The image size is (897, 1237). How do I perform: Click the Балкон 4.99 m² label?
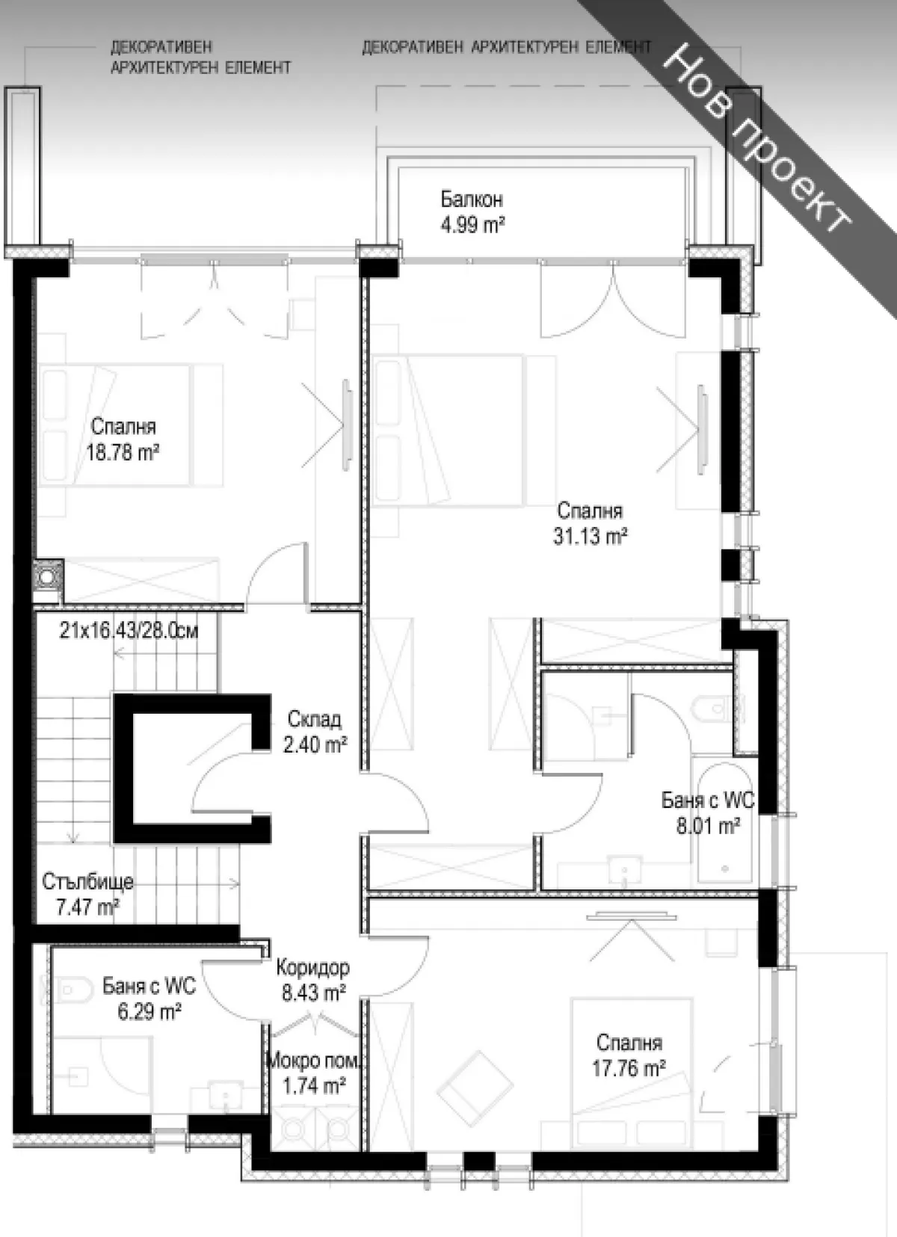[472, 212]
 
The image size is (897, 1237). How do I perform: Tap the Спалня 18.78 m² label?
[123, 439]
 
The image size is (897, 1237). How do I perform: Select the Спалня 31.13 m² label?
[590, 523]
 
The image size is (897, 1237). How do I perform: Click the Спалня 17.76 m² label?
[629, 1055]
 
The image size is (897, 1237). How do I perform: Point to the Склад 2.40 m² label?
[315, 732]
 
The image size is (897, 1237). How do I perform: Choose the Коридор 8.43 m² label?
[312, 980]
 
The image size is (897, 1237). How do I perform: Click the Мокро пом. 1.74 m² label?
[313, 1073]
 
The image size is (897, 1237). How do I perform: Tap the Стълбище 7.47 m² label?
[87, 894]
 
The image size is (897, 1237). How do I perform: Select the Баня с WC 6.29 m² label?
[149, 999]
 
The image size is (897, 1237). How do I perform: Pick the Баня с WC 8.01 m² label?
[707, 813]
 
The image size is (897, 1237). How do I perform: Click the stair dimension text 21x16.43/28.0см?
[129, 630]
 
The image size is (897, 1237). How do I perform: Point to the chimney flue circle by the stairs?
[49, 577]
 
